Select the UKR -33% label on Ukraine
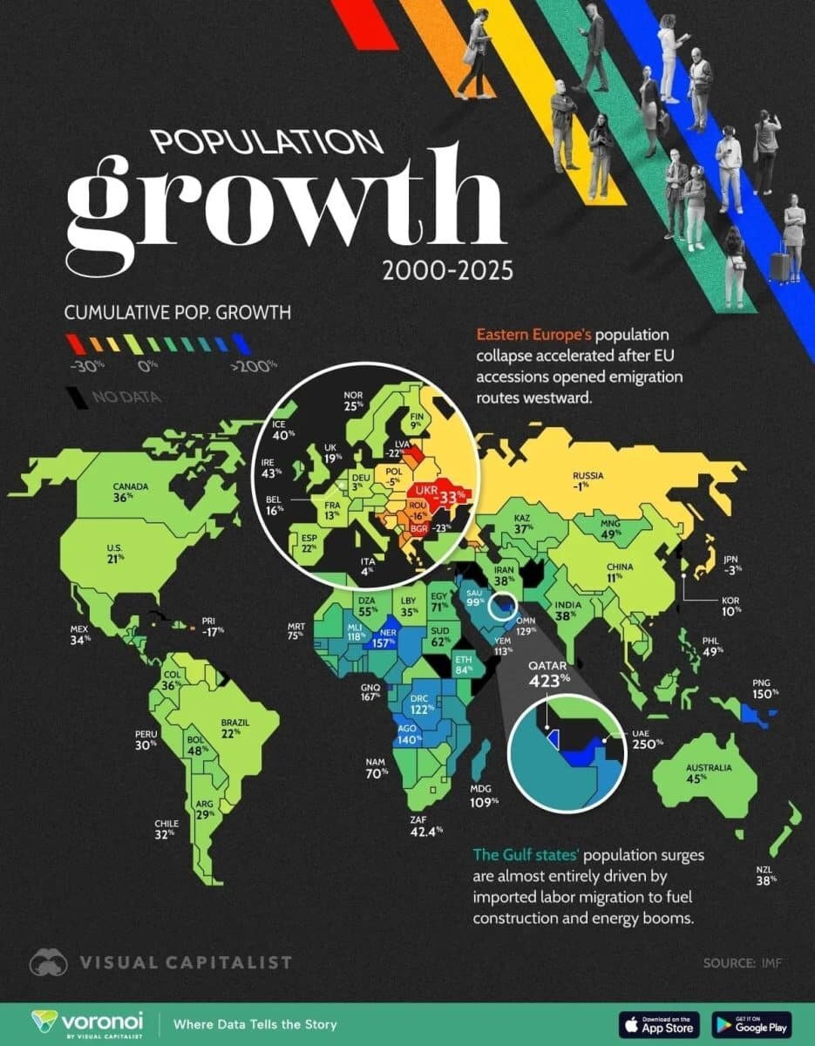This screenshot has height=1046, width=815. coord(445,492)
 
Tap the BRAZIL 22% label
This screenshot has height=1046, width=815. coord(235,728)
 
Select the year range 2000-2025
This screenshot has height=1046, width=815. coord(447,272)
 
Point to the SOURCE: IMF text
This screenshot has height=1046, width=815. coord(744,963)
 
